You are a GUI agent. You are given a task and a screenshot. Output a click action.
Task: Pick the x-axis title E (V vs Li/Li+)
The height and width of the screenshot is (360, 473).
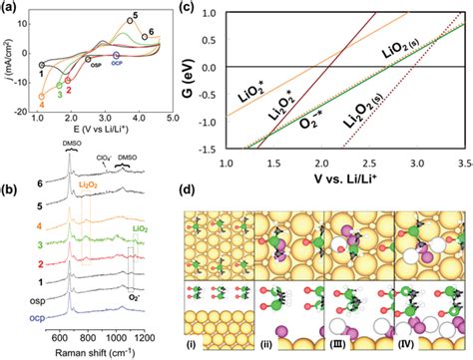(x=100, y=128)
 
